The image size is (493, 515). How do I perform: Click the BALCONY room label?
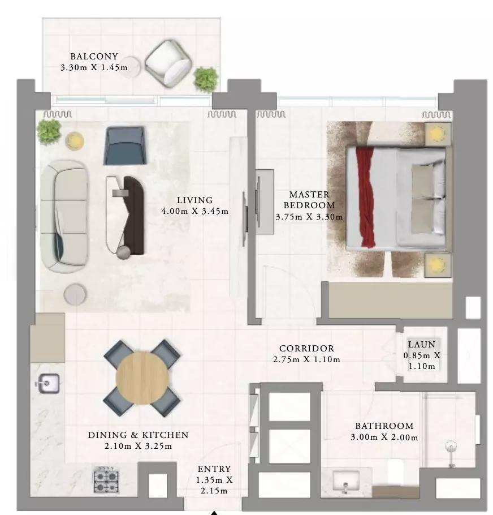coord(94,57)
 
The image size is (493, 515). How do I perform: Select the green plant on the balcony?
coord(206,79)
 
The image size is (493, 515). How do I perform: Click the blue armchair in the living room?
coord(125,146)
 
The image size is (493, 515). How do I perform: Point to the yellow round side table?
coord(75,141)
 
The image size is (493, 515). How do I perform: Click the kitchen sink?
coord(48,383)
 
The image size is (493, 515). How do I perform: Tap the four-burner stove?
coord(106,480)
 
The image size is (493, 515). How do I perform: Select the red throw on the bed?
coord(365,197)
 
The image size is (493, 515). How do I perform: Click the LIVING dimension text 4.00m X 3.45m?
coord(195,211)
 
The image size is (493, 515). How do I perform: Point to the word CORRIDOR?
coord(306,348)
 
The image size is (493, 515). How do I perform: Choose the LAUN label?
coord(422,345)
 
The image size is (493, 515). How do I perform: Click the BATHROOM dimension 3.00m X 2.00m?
coord(384,437)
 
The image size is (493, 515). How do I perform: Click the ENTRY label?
coord(214,469)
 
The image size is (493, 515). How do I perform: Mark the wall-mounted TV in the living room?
coord(245,219)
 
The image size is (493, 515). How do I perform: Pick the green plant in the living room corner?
coord(49,132)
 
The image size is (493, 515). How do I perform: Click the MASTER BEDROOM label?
coord(309,200)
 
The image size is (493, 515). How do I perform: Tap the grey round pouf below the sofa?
coord(75,294)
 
